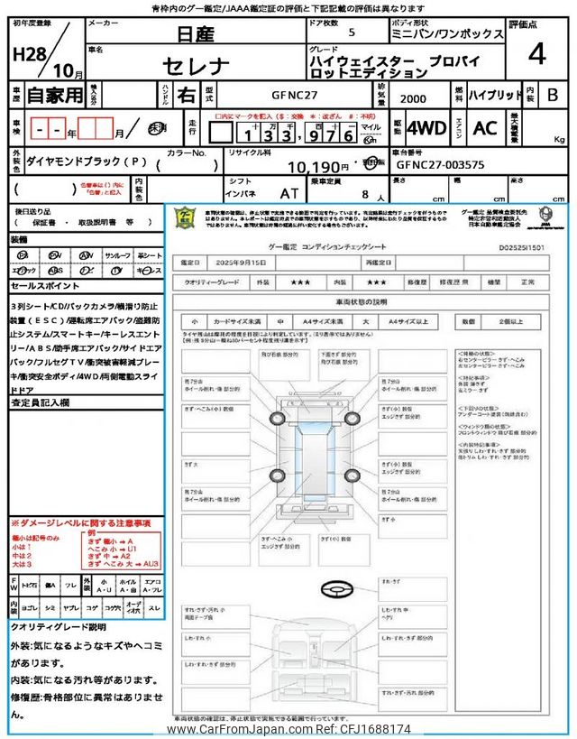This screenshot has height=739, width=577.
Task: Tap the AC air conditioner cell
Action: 484,127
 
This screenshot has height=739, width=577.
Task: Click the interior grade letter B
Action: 553,93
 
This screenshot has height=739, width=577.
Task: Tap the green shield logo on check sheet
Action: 185,219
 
